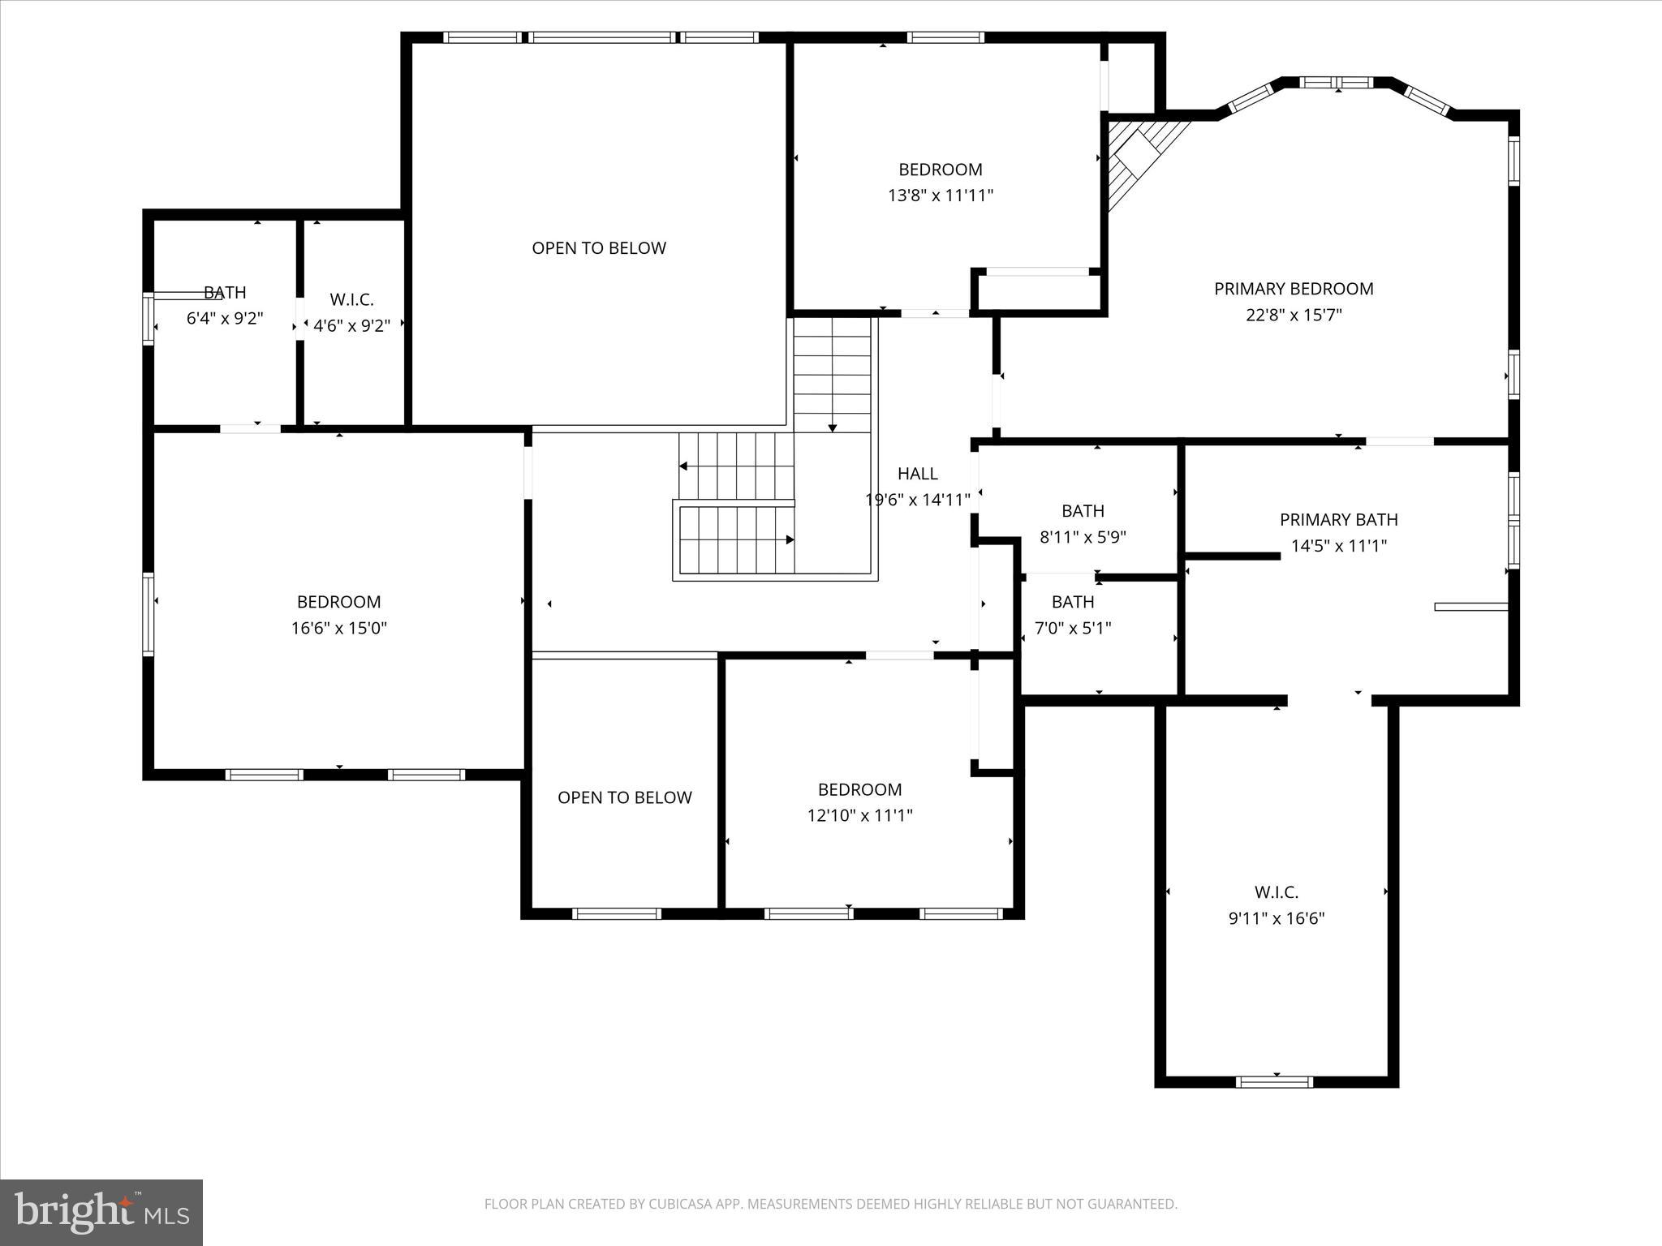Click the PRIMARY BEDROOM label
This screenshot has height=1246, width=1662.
coord(1294,289)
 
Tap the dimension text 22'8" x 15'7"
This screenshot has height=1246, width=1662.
coord(1294,315)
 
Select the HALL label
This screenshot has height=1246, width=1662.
coord(917,474)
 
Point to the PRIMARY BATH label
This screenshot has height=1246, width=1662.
coord(1338,520)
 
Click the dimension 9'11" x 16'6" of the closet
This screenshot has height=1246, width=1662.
coord(1276,918)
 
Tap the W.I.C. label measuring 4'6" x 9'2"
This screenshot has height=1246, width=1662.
coord(351,300)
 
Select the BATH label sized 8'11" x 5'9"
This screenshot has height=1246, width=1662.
coord(1083,511)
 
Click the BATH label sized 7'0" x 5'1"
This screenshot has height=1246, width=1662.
coord(1073,602)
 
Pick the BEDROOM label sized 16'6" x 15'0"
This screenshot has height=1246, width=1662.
coord(338,602)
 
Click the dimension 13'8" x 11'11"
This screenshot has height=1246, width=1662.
coord(940,195)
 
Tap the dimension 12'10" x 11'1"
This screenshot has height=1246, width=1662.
coord(859,815)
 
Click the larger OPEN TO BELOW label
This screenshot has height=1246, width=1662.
coord(599,248)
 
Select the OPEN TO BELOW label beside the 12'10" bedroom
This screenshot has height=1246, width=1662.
coord(624,797)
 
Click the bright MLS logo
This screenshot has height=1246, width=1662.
coord(101,1212)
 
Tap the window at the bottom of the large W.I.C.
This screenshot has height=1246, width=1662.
coord(1273,1081)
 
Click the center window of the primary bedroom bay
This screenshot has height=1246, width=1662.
coord(1337,83)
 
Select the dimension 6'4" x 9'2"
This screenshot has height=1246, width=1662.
coord(225,319)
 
